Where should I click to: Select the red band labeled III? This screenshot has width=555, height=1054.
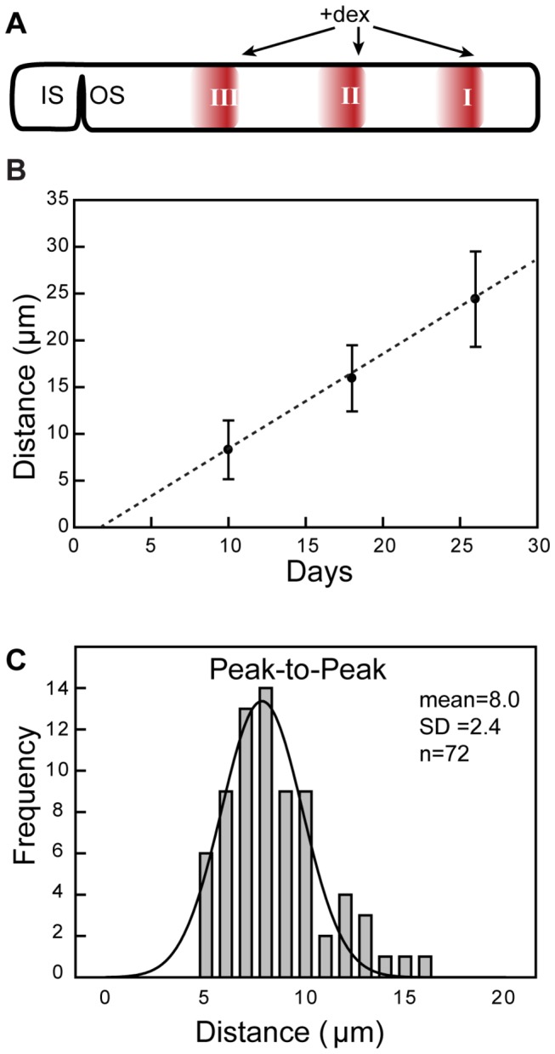pos(215,97)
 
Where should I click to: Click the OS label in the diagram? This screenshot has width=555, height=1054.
pos(107,95)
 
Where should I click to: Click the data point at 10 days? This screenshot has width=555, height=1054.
pos(228,449)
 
